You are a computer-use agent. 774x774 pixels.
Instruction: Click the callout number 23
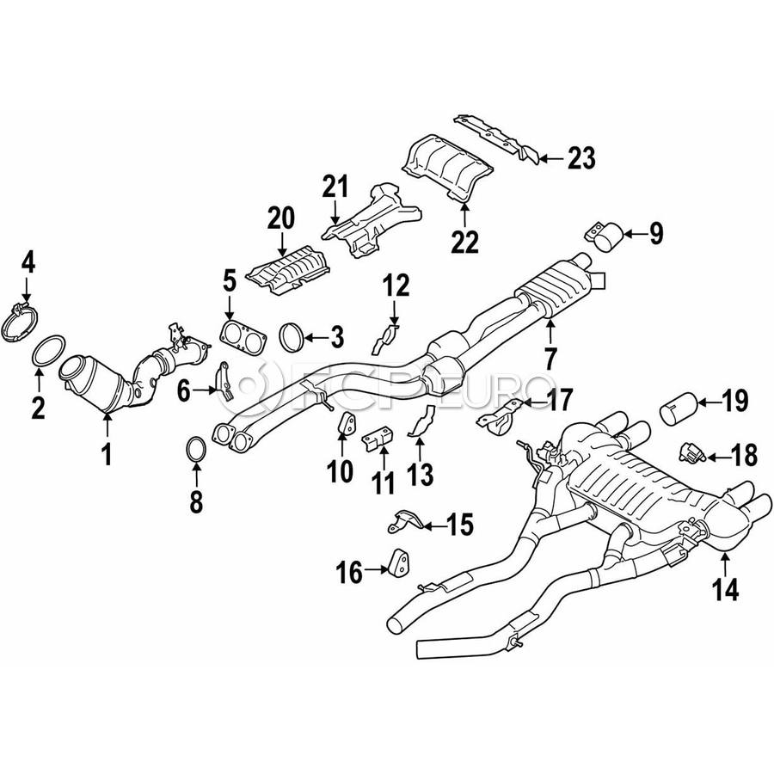pos(581,158)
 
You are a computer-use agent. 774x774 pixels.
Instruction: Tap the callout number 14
pos(726,589)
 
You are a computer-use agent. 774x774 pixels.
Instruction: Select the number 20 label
pos(281,218)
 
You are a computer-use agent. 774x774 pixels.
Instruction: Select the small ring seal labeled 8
pos(196,449)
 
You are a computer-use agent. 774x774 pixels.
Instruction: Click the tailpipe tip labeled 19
pos(679,408)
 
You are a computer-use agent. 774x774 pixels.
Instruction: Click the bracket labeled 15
pos(404,521)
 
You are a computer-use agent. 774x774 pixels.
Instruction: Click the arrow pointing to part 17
pos(532,403)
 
